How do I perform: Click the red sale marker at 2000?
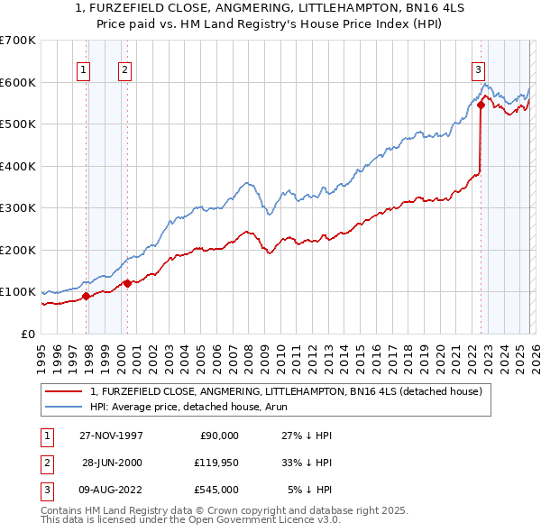click(x=127, y=283)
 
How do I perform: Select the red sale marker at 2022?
click(x=481, y=105)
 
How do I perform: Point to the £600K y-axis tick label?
click(x=18, y=82)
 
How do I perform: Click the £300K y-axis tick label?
click(x=18, y=208)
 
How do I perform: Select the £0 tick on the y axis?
click(x=29, y=334)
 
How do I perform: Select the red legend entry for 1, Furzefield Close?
click(x=287, y=391)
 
